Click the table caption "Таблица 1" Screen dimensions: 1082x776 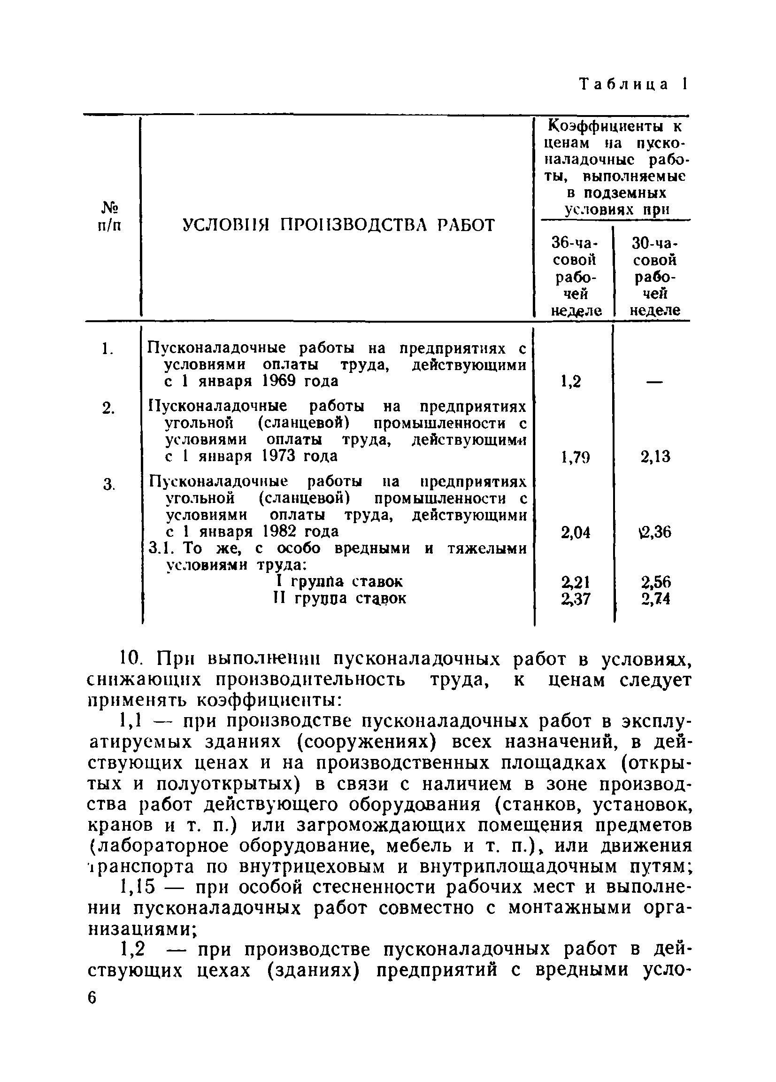[x=633, y=85]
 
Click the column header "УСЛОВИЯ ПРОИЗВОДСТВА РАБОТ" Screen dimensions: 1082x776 [x=338, y=225]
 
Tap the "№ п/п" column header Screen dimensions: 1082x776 [x=109, y=216]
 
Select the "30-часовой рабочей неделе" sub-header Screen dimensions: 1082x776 [x=654, y=277]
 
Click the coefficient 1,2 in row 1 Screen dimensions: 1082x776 [x=571, y=382]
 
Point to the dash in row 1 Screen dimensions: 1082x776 [x=655, y=382]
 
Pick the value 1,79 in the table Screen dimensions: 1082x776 [x=575, y=457]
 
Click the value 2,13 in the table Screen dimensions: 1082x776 [x=655, y=457]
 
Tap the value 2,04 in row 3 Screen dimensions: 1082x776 [x=575, y=532]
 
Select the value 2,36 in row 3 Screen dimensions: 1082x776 [x=656, y=532]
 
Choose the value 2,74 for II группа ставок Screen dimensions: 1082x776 [x=656, y=599]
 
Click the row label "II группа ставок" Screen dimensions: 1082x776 [x=339, y=599]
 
